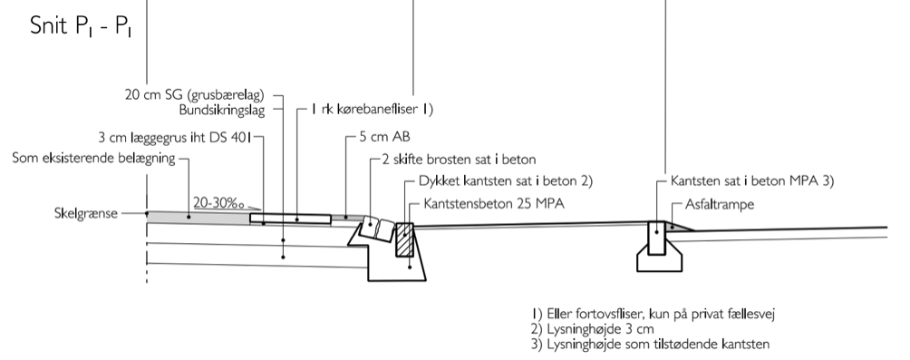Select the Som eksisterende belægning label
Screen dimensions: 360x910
(94, 159)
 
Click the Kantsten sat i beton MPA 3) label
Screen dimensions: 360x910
(751, 180)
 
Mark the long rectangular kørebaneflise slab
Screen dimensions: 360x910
(297, 219)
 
